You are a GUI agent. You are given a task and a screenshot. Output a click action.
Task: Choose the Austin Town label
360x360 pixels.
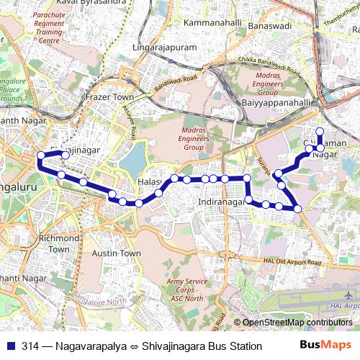click(x=116, y=253)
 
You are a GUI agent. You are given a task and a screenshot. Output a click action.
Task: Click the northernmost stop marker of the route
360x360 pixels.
click(x=320, y=132)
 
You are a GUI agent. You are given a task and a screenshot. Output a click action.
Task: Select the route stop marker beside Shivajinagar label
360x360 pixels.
click(x=65, y=155)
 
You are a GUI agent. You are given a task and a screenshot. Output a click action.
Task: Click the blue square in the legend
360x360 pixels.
click(x=10, y=346)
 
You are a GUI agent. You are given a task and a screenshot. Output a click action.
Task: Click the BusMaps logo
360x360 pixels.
click(x=320, y=346)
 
